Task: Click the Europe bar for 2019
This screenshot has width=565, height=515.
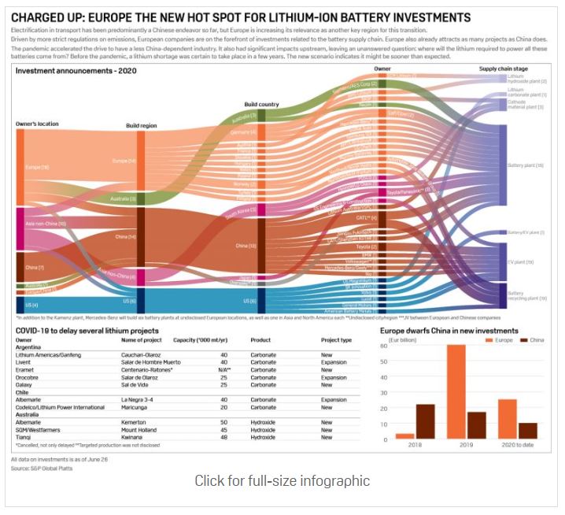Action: coord(456,392)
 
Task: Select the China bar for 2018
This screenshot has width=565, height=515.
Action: coord(424,421)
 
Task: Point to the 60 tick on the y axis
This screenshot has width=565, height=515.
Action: coord(384,346)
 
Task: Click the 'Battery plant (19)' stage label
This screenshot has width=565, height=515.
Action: coord(526,166)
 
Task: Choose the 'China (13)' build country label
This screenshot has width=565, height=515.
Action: coord(246,245)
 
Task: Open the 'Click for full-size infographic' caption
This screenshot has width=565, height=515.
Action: coord(282,480)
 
